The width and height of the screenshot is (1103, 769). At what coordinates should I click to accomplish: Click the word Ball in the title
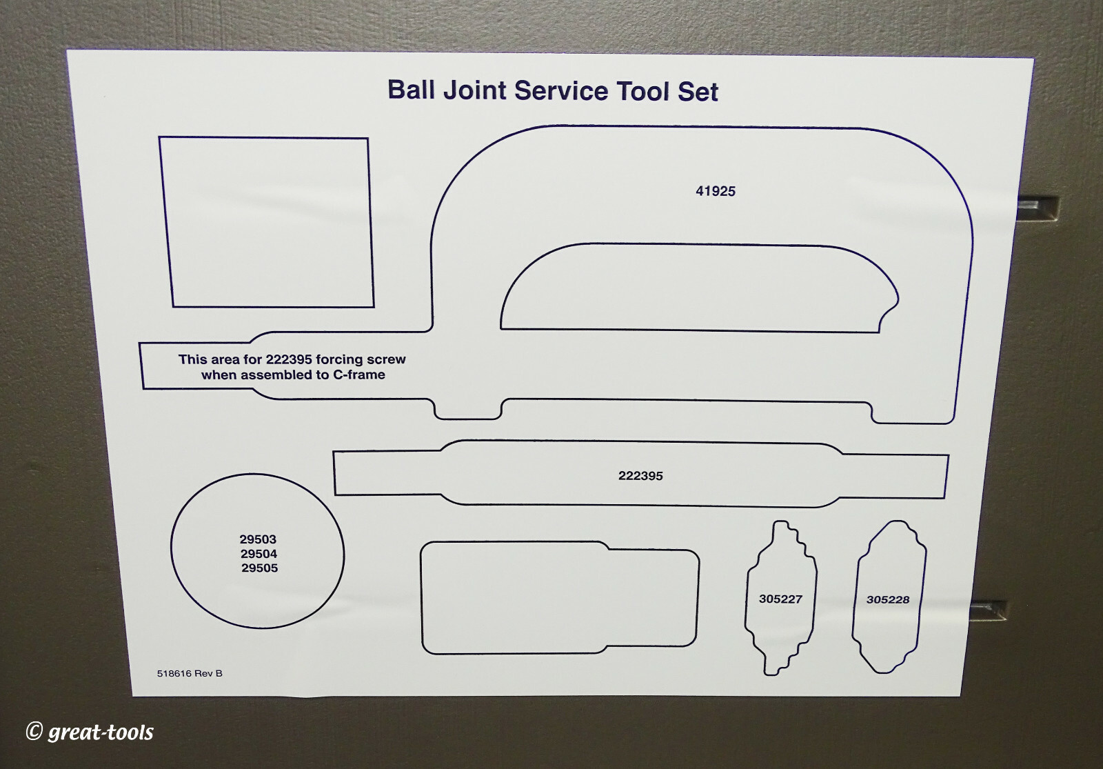[412, 90]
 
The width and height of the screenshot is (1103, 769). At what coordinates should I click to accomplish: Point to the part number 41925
[716, 192]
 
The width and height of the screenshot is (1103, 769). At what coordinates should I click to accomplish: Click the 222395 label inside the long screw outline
[640, 476]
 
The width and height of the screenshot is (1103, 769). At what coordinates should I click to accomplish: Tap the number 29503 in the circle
[258, 539]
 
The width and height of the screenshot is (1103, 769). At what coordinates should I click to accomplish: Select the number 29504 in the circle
[259, 554]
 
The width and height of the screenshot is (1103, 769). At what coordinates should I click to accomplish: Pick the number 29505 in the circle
[260, 568]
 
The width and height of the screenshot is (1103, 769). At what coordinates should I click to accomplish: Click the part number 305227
[780, 599]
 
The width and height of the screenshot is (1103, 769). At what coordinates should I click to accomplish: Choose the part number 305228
[888, 600]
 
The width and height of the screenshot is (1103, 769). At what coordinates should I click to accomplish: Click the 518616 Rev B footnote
[190, 674]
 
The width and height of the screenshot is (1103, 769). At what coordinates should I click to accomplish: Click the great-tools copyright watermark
[90, 732]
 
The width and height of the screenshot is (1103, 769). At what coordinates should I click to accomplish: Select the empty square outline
[267, 222]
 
